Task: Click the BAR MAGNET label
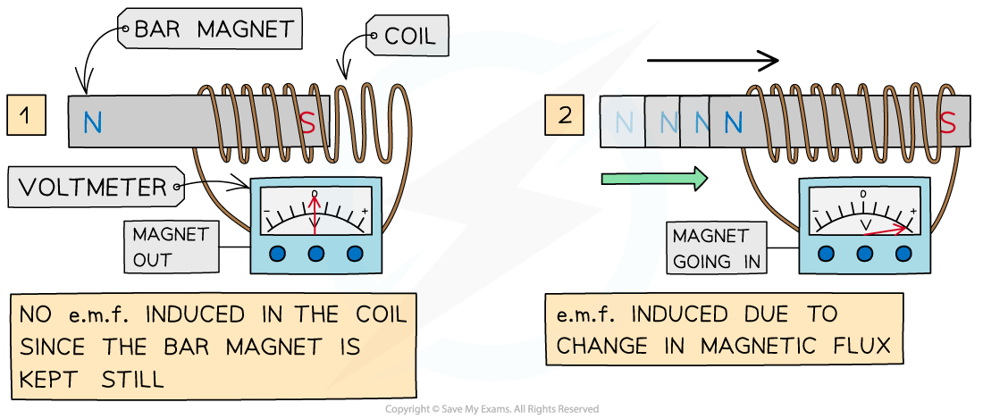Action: click(213, 29)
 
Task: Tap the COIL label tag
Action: click(410, 37)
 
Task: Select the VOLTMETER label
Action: click(93, 188)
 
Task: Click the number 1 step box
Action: click(26, 116)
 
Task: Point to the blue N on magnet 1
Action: click(93, 123)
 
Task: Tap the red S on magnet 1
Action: click(307, 123)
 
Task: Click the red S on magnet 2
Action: click(950, 122)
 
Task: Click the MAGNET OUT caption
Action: click(171, 247)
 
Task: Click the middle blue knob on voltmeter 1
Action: click(315, 254)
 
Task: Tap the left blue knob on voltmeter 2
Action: click(827, 253)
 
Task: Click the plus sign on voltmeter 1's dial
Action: click(365, 213)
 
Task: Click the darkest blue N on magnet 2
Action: click(733, 123)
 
